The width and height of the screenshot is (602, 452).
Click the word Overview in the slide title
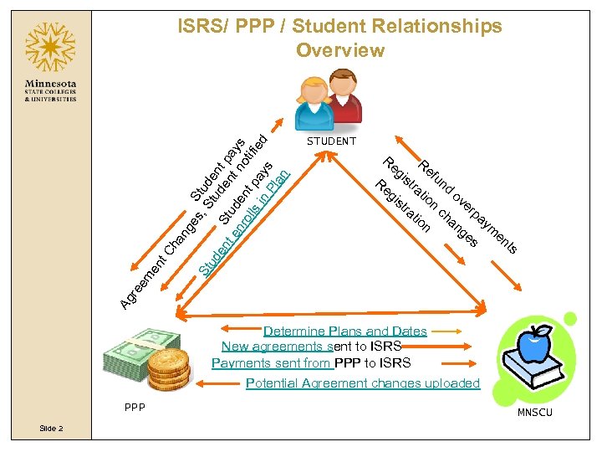[x=339, y=50]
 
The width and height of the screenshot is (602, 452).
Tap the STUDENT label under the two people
[x=331, y=141]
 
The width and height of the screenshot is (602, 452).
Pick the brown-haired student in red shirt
[x=344, y=95]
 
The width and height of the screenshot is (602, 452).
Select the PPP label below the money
[x=133, y=408]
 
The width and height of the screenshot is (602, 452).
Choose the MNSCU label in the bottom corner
[x=534, y=413]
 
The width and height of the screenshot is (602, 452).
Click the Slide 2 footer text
[x=50, y=428]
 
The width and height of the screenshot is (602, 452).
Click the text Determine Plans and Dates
[x=345, y=331]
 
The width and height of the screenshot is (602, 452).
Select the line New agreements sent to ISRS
[x=311, y=347]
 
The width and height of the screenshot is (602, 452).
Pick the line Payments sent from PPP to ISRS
[x=311, y=362]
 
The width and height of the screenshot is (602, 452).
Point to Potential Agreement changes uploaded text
[x=363, y=383]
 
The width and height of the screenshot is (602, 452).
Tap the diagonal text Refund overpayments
[x=468, y=205]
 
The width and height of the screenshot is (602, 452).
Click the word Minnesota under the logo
[x=51, y=85]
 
